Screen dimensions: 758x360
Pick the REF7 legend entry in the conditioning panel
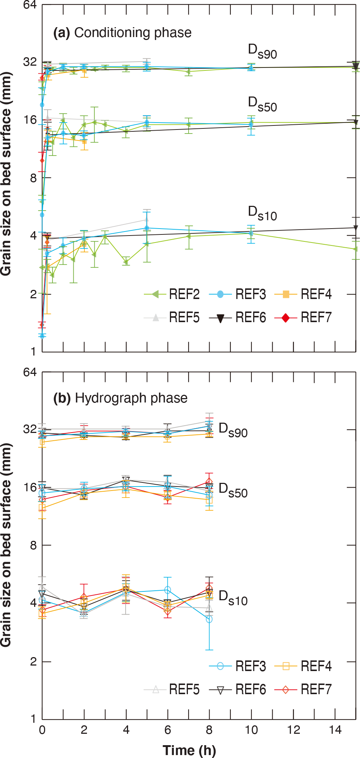(x=303, y=318)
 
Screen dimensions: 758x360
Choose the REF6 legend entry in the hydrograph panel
(x=237, y=690)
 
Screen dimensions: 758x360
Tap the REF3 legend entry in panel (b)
(x=237, y=666)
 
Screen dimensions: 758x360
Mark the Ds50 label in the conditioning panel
(x=262, y=104)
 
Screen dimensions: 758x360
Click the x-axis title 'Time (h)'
(x=189, y=750)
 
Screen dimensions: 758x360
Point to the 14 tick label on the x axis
(x=335, y=730)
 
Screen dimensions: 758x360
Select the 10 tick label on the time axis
(x=251, y=730)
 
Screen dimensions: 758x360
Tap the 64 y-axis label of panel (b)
(x=30, y=372)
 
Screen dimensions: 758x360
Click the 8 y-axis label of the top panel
(x=33, y=178)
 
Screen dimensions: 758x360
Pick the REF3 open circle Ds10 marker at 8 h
(x=209, y=619)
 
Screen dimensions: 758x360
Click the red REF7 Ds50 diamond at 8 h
(x=209, y=482)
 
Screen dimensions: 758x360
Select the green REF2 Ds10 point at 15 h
(x=355, y=249)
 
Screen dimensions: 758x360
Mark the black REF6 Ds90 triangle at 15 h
(x=355, y=66)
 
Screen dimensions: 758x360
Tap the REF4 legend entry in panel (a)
(x=303, y=294)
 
